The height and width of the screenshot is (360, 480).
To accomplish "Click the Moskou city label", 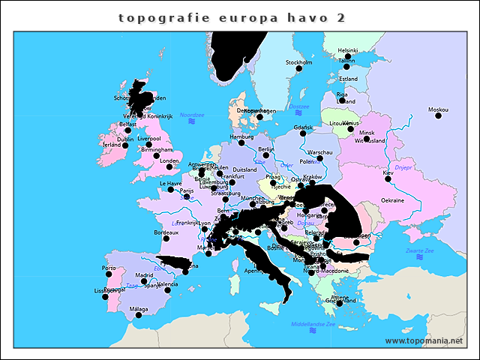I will click(438, 109).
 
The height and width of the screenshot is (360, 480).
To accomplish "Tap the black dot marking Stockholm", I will click(298, 68).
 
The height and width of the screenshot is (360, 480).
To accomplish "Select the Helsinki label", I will click(347, 50).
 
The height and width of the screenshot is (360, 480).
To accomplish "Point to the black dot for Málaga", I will click(138, 315).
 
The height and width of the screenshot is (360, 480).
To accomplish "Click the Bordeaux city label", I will click(166, 232).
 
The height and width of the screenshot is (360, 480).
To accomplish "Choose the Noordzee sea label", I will click(192, 115).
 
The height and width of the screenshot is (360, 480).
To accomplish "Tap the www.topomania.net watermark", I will click(424, 341).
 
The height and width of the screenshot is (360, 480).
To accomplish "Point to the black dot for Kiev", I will click(388, 178).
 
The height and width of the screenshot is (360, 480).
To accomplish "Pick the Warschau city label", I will click(319, 152).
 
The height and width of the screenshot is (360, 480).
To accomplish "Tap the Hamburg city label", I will click(241, 136).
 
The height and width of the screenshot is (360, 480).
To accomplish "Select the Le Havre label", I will click(170, 183).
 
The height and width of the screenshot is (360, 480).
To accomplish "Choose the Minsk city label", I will click(367, 132).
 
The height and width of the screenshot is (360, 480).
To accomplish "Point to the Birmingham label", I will click(156, 149).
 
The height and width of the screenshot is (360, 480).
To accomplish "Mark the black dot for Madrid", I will click(145, 281).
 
